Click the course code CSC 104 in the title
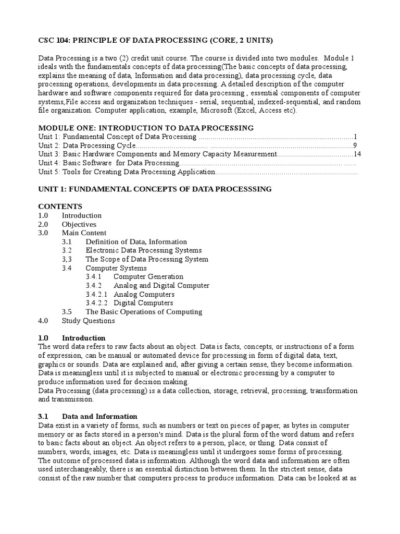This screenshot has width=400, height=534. [54, 40]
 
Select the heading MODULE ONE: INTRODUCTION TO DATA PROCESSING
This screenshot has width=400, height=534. [146, 128]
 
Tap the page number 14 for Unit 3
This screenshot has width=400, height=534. [357, 154]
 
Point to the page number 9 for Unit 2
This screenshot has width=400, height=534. [355, 145]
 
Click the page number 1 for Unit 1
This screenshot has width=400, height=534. [355, 137]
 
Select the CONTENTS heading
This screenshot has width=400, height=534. [60, 207]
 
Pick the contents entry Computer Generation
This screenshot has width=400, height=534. [148, 277]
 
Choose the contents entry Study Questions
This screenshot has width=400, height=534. [88, 321]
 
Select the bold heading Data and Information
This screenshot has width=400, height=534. [99, 417]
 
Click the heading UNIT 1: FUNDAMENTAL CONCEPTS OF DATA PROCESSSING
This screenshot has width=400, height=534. [155, 189]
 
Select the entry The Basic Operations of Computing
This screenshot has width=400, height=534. [144, 312]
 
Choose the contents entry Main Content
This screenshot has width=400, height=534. [84, 233]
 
